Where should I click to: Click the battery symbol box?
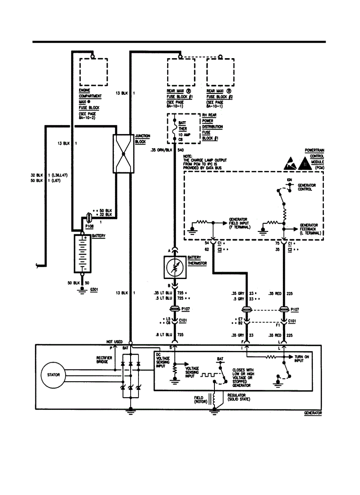(82, 253)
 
